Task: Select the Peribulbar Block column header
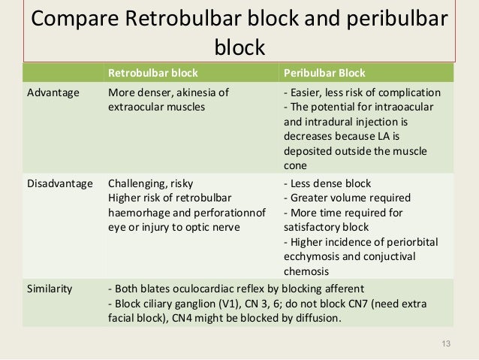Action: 324,73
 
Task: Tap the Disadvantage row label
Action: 60,183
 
